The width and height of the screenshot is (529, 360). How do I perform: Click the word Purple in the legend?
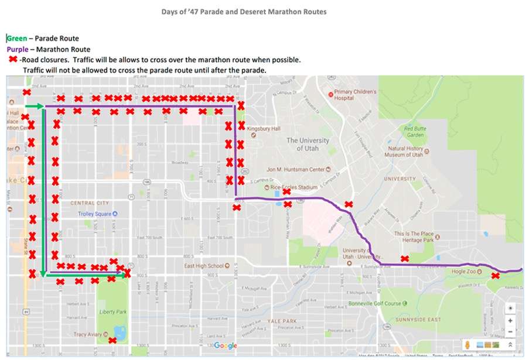[18, 49]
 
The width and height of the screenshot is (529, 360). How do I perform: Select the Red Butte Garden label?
[415, 132]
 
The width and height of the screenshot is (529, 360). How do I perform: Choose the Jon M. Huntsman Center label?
[296, 169]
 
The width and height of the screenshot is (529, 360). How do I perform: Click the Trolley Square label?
[94, 214]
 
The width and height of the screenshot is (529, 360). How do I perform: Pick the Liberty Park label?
[112, 312]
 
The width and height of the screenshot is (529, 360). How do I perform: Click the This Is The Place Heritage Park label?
[414, 237]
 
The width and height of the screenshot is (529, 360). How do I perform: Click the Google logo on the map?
[226, 345]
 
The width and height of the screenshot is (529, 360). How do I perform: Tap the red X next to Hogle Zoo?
[495, 275]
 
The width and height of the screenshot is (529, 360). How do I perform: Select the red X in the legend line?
[12, 59]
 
